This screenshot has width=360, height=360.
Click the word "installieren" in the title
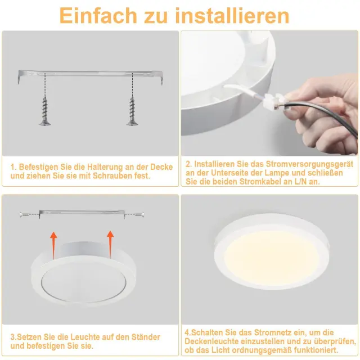232,16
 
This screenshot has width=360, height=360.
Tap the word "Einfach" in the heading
98,16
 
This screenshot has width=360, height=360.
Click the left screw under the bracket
45,111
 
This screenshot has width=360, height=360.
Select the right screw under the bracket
132,111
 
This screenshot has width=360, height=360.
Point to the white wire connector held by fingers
274,101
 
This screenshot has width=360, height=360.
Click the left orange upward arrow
53,245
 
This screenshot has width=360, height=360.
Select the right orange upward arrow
110,244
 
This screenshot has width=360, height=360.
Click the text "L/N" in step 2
300,182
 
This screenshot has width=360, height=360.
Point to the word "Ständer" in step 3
146,337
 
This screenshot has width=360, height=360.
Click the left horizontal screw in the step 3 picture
24,215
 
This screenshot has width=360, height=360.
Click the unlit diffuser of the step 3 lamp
84,283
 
